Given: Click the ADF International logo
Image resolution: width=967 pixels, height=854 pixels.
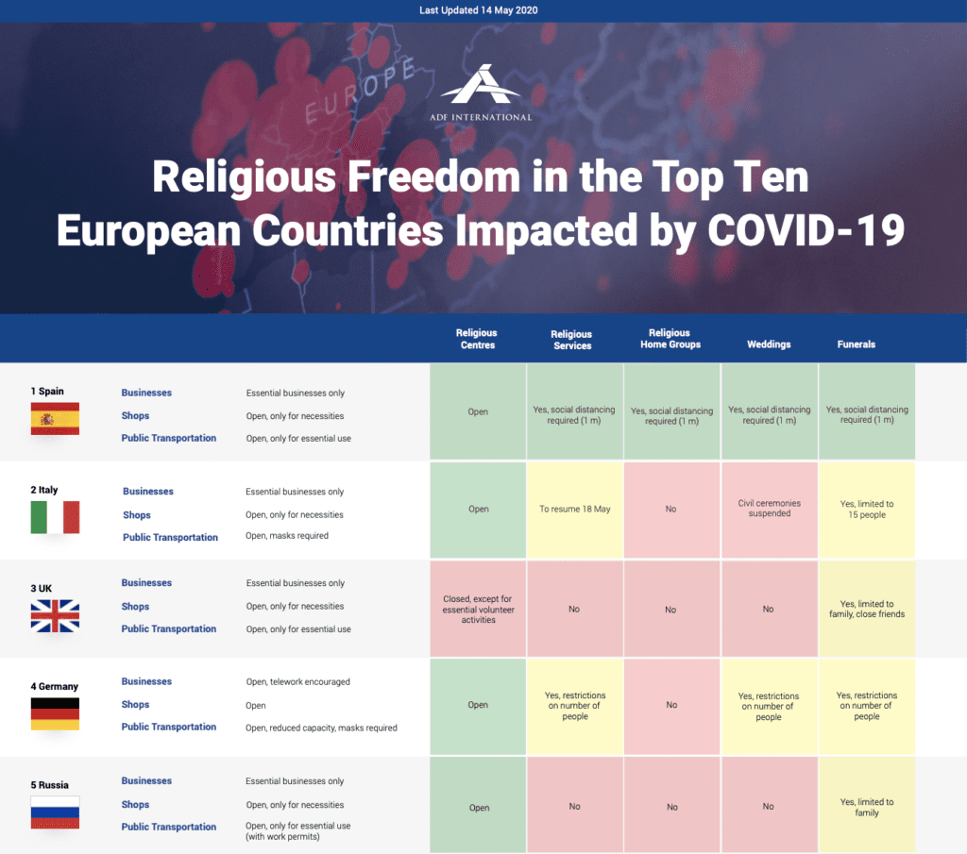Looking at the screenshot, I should [484, 93].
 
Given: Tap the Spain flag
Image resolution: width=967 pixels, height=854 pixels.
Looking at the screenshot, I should [55, 418].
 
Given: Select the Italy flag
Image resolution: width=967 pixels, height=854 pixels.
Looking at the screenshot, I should [55, 517].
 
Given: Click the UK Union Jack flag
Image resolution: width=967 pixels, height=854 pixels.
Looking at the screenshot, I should [55, 615].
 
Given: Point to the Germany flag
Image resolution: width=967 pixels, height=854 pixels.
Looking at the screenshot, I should [55, 713].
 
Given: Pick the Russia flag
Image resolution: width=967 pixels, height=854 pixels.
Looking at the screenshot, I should [55, 812].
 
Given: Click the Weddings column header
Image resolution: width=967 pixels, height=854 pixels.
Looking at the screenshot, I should [769, 344].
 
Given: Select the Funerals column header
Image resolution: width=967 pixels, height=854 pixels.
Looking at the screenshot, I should [856, 344].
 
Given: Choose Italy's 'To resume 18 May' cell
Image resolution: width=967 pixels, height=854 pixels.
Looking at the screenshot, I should [574, 510].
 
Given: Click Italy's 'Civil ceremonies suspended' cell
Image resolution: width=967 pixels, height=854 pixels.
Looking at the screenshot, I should [769, 509].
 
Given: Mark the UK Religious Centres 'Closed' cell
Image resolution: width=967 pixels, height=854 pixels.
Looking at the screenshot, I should [478, 609].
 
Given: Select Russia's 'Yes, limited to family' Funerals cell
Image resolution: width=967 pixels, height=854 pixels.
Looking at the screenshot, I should [867, 807].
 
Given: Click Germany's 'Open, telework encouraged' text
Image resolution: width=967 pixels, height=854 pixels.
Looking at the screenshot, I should [297, 681].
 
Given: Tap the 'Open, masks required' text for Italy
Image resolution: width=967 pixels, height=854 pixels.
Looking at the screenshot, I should [287, 536].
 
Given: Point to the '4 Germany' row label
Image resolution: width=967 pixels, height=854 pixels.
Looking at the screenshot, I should [54, 686].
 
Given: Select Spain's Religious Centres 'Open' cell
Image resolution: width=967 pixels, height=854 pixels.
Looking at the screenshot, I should [478, 411].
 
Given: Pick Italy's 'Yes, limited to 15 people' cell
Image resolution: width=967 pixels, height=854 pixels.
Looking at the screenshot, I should [867, 510].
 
